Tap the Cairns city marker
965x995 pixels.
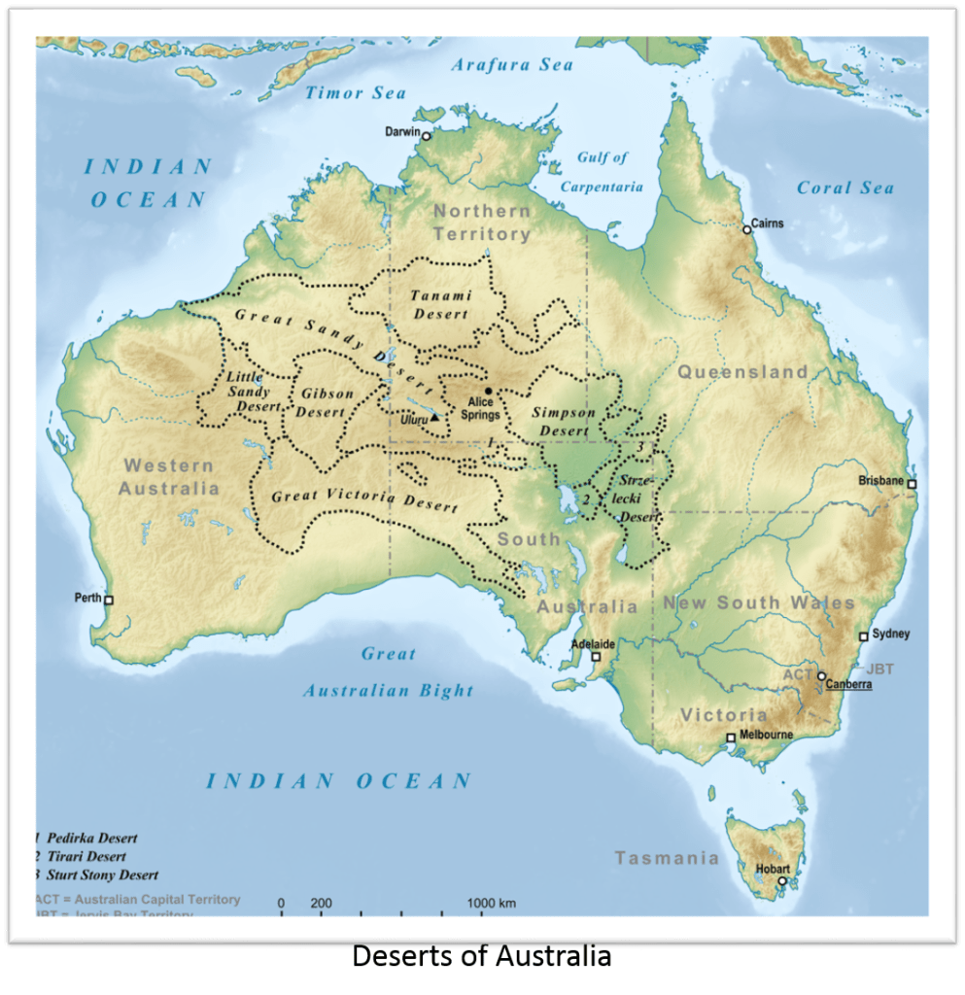747,229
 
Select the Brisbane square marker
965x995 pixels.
912,483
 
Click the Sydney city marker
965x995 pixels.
863,636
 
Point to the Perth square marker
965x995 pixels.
109,600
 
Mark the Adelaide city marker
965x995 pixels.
597,657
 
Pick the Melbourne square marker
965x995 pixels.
731,738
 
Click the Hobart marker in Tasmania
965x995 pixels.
781,881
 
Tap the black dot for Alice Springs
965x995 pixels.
489,391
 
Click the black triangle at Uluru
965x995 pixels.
435,417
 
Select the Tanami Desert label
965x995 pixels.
440,304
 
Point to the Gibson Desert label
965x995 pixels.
322,403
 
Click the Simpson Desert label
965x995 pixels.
564,422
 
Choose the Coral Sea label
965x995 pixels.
844,188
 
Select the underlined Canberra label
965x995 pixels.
848,684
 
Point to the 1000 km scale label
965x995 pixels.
492,903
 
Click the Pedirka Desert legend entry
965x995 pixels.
90,838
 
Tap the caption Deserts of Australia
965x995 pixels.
481,956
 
